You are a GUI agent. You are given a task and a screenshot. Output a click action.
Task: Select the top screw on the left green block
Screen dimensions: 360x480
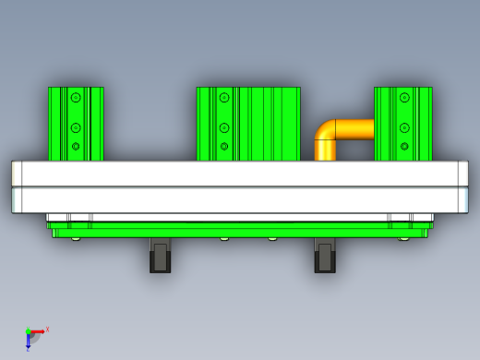pyautogui.click(x=76, y=97)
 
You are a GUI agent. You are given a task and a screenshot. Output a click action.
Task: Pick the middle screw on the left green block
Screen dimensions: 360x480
pyautogui.click(x=76, y=127)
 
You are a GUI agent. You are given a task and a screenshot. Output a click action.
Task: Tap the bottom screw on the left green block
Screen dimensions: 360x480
pyautogui.click(x=76, y=146)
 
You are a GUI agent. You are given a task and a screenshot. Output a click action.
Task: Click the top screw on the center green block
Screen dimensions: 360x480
pyautogui.click(x=223, y=97)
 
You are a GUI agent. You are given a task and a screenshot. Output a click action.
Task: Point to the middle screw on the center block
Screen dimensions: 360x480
pyautogui.click(x=223, y=127)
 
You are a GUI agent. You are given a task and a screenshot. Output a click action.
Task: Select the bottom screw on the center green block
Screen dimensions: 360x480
pyautogui.click(x=223, y=146)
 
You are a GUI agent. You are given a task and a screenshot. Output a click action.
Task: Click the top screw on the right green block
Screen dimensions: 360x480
pyautogui.click(x=403, y=97)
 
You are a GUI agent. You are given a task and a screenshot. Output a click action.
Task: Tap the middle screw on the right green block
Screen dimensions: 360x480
pyautogui.click(x=403, y=127)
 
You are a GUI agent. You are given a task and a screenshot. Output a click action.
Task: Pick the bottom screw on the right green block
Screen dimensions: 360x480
pyautogui.click(x=403, y=146)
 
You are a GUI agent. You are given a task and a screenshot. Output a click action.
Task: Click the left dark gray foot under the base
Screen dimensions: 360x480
pyautogui.click(x=161, y=257)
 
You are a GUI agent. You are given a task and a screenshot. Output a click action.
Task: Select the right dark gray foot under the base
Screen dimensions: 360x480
pyautogui.click(x=324, y=257)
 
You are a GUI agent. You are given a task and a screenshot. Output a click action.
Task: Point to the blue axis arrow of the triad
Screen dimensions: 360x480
pyautogui.click(x=28, y=342)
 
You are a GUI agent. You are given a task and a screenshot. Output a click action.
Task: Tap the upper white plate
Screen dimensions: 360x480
pyautogui.click(x=240, y=174)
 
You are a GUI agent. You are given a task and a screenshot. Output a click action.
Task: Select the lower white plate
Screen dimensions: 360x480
pyautogui.click(x=240, y=200)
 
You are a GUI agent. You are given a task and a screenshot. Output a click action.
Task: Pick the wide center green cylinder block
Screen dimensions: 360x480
pyautogui.click(x=268, y=124)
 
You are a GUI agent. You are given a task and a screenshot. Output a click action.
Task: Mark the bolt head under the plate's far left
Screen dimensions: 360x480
pyautogui.click(x=75, y=238)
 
